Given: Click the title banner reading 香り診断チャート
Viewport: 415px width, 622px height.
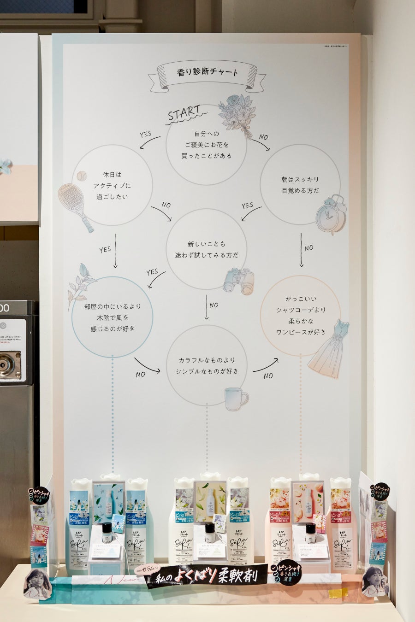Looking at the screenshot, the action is [x=207, y=72].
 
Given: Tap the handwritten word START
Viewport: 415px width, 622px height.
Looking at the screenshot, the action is [x=184, y=113].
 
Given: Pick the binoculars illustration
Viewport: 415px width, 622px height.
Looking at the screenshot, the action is [x=239, y=281].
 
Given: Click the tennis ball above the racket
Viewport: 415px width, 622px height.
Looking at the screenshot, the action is [x=82, y=176].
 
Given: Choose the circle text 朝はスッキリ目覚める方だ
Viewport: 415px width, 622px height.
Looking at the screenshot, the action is [x=300, y=185].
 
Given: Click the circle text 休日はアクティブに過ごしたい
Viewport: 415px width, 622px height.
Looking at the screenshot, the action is [x=112, y=186].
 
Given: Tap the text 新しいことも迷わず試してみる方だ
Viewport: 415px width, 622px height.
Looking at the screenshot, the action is [x=207, y=249].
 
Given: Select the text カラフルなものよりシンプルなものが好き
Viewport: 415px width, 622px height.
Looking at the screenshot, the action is [x=207, y=365].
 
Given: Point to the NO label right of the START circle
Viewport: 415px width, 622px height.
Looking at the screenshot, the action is [x=263, y=137].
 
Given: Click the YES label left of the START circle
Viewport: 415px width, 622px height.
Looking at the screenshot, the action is [x=146, y=134].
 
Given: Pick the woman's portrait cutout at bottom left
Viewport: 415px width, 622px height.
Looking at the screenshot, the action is [x=37, y=584].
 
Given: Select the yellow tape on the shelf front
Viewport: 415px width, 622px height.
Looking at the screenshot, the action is [x=338, y=593].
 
